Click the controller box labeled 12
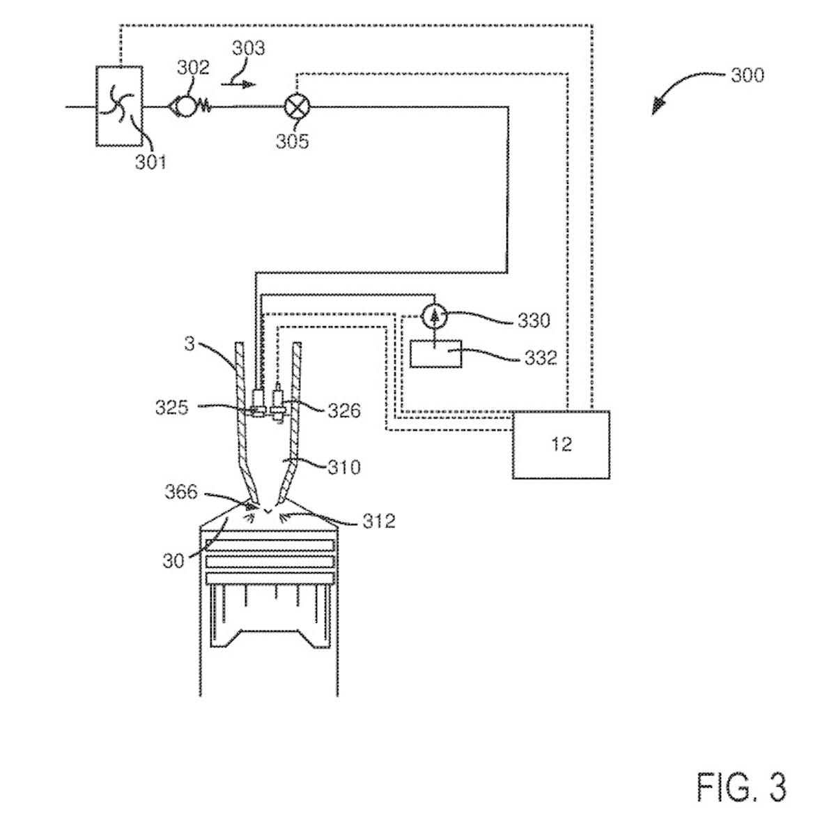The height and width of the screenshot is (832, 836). coord(561,445)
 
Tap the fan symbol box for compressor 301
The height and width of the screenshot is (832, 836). coord(118,106)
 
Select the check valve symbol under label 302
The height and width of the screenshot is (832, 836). coord(185,107)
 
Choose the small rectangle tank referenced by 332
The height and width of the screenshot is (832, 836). coord(435,354)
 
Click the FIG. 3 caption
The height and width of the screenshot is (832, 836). coord(741,787)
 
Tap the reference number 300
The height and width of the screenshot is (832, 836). coord(747,75)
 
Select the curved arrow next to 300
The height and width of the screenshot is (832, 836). coord(679,89)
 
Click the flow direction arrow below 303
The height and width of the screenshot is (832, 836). coord(238,84)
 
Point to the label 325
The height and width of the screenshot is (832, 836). coord(171,407)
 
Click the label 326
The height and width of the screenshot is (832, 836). coord(344,410)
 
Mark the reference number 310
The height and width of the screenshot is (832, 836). coord(344,466)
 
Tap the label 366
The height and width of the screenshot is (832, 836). coord(181,492)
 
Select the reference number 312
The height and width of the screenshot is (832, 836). coord(378,521)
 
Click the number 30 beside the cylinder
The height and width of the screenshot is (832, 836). coord(173,560)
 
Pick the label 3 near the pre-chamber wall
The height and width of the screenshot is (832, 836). coord(189,343)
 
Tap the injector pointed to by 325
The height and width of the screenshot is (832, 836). coord(258,403)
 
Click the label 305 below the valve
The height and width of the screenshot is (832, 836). coord(292,141)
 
